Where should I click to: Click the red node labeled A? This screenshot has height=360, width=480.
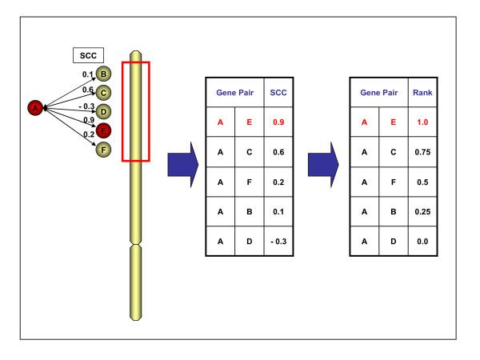pos(34,107)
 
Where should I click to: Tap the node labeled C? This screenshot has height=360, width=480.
pos(103,94)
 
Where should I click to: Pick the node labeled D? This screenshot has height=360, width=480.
pos(103,111)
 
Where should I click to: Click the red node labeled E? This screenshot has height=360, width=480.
pos(103,130)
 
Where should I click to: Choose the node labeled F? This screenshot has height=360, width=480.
pos(103,148)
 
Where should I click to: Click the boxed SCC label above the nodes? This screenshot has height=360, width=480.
pos(83,56)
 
